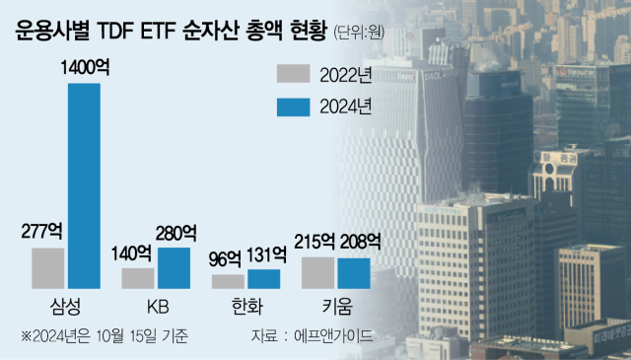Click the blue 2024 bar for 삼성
point(84,185)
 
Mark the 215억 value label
point(316,242)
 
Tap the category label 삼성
point(65,306)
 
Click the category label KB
point(156,306)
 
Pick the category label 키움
point(335,306)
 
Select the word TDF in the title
point(124,31)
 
